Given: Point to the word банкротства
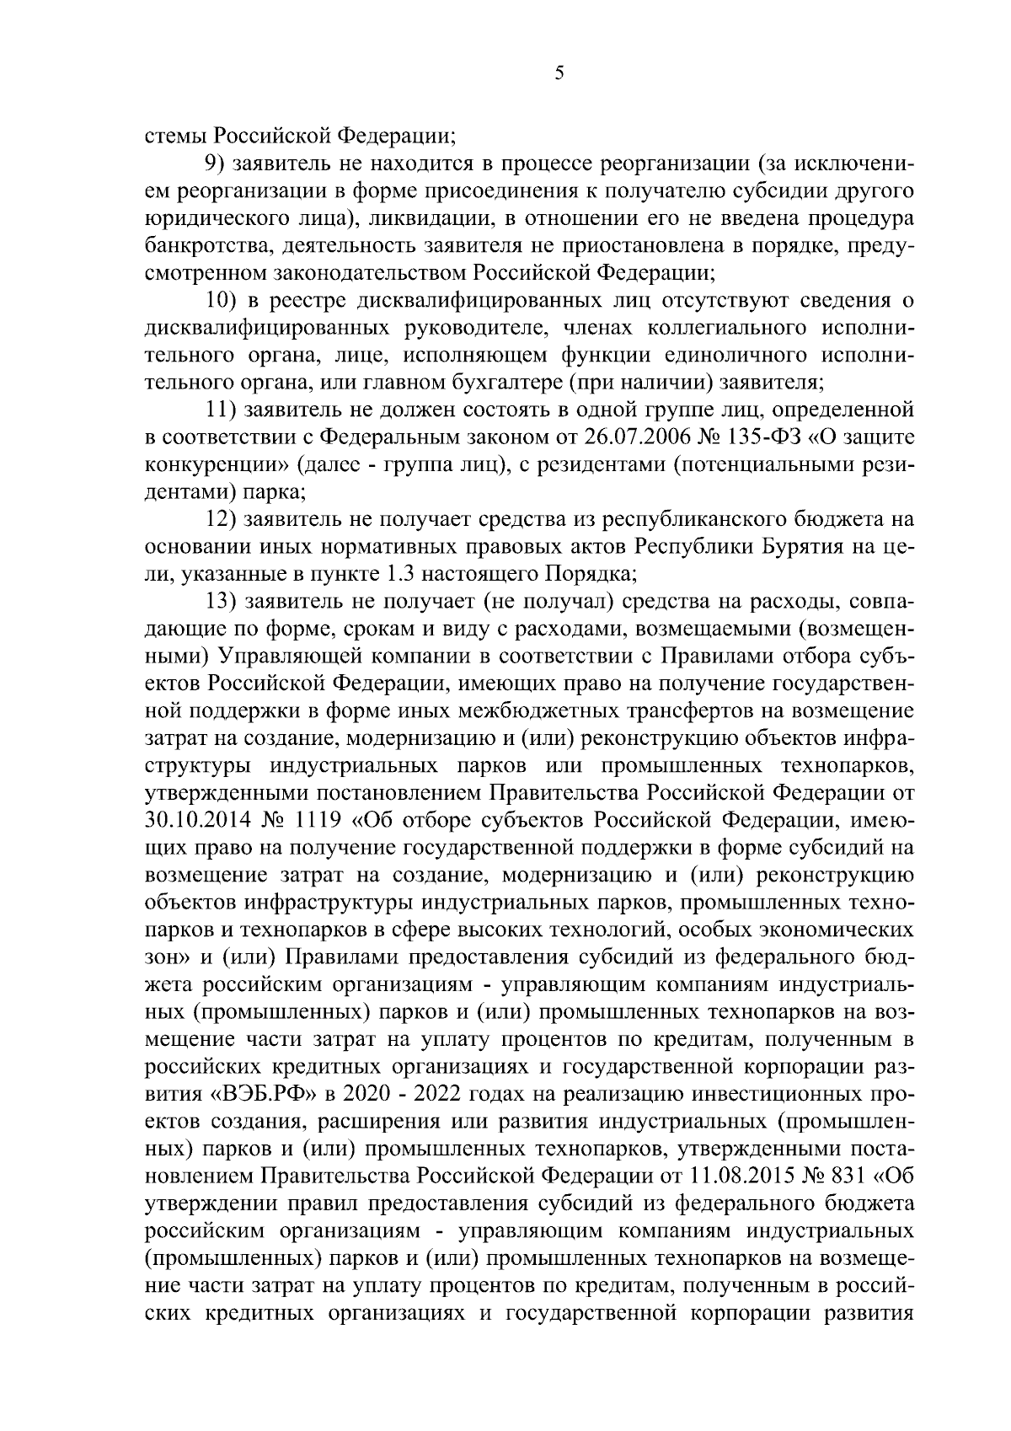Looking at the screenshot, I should coord(200,246).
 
